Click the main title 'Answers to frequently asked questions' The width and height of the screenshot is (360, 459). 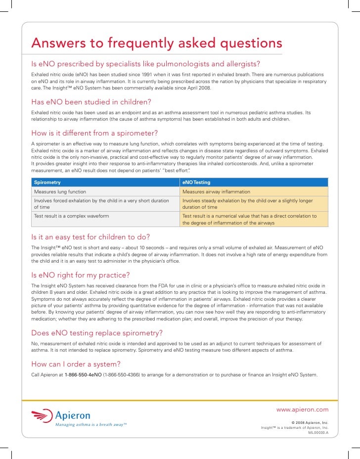pos(156,44)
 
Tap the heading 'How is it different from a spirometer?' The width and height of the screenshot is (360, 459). pos(94,134)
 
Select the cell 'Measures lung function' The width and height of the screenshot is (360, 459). pos(60,192)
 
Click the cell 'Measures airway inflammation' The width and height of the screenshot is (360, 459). pos(216,192)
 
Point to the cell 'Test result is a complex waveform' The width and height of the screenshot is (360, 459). pos(72,216)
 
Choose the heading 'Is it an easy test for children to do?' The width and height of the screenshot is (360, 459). pos(90,236)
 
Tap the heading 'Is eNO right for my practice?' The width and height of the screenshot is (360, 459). pos(81,275)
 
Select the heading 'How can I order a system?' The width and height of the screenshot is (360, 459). pos(76,364)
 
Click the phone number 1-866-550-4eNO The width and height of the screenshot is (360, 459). pos(83,374)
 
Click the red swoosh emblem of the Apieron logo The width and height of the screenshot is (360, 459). pos(42,416)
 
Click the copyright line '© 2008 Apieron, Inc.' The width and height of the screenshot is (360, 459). pos(310,423)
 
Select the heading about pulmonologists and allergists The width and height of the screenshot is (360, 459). pos(146,65)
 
